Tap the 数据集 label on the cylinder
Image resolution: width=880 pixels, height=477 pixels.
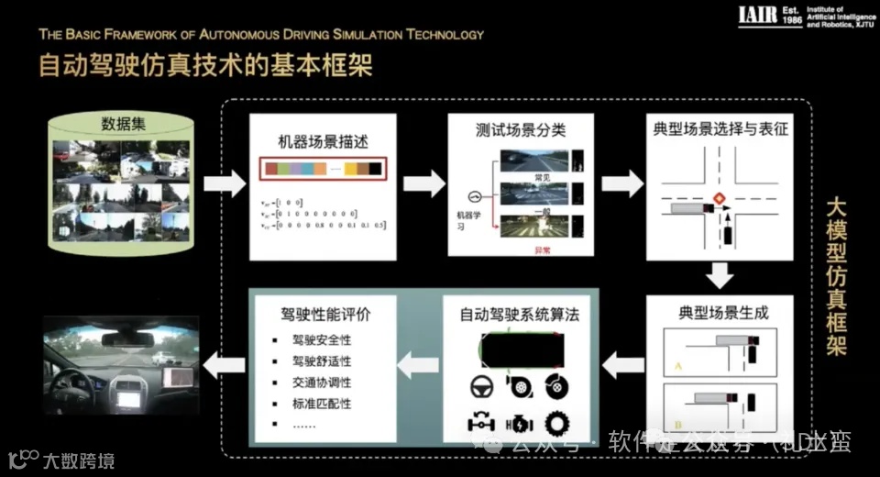[124, 124]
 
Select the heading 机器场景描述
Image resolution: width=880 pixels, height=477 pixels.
[323, 141]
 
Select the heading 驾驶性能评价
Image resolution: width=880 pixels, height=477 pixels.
[319, 314]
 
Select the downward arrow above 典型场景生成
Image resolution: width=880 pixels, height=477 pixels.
[720, 272]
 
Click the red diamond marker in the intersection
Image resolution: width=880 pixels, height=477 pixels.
[719, 198]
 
